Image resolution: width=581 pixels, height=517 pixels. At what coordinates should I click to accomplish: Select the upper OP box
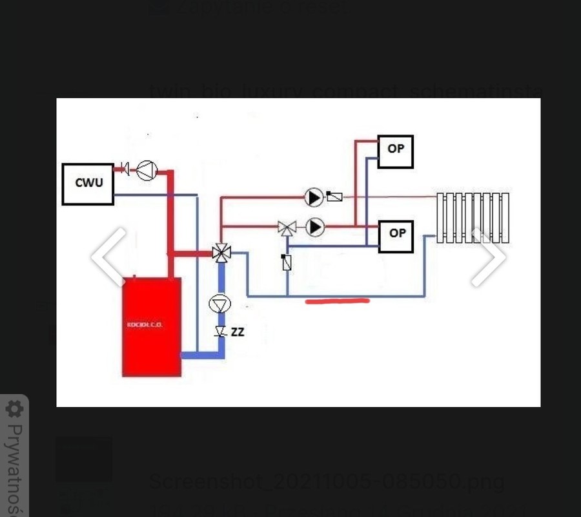coord(395,152)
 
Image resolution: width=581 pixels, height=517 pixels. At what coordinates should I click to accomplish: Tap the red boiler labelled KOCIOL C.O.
coord(152,326)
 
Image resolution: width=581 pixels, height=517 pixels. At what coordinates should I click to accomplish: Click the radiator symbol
coord(473,218)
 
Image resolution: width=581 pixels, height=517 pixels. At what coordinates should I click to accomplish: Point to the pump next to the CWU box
coord(147,170)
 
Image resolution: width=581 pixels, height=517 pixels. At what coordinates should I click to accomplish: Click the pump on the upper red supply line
coord(314,196)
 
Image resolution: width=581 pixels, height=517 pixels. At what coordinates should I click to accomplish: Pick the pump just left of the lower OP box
coord(315,227)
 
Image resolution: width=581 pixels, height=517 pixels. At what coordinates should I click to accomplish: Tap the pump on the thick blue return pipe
coord(220,304)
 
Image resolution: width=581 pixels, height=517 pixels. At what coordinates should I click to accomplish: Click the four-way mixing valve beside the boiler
coord(221,253)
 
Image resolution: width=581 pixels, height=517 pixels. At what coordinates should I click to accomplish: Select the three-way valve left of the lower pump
coord(287,227)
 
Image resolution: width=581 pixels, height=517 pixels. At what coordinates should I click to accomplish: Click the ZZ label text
coord(238,332)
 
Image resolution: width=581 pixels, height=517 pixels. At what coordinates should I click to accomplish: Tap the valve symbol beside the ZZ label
coord(220,332)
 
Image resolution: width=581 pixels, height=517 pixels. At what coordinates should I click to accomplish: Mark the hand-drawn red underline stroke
coord(337,301)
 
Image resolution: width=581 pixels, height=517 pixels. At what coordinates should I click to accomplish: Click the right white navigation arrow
coord(489,257)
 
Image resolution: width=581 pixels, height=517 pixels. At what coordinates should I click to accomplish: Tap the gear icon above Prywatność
coord(14,409)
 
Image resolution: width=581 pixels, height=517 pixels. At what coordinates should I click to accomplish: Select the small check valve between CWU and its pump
coord(125,170)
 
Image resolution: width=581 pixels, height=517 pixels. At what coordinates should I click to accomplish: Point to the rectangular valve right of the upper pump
coord(334,196)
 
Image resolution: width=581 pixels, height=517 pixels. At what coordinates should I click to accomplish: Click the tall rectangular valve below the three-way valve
coord(287,262)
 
